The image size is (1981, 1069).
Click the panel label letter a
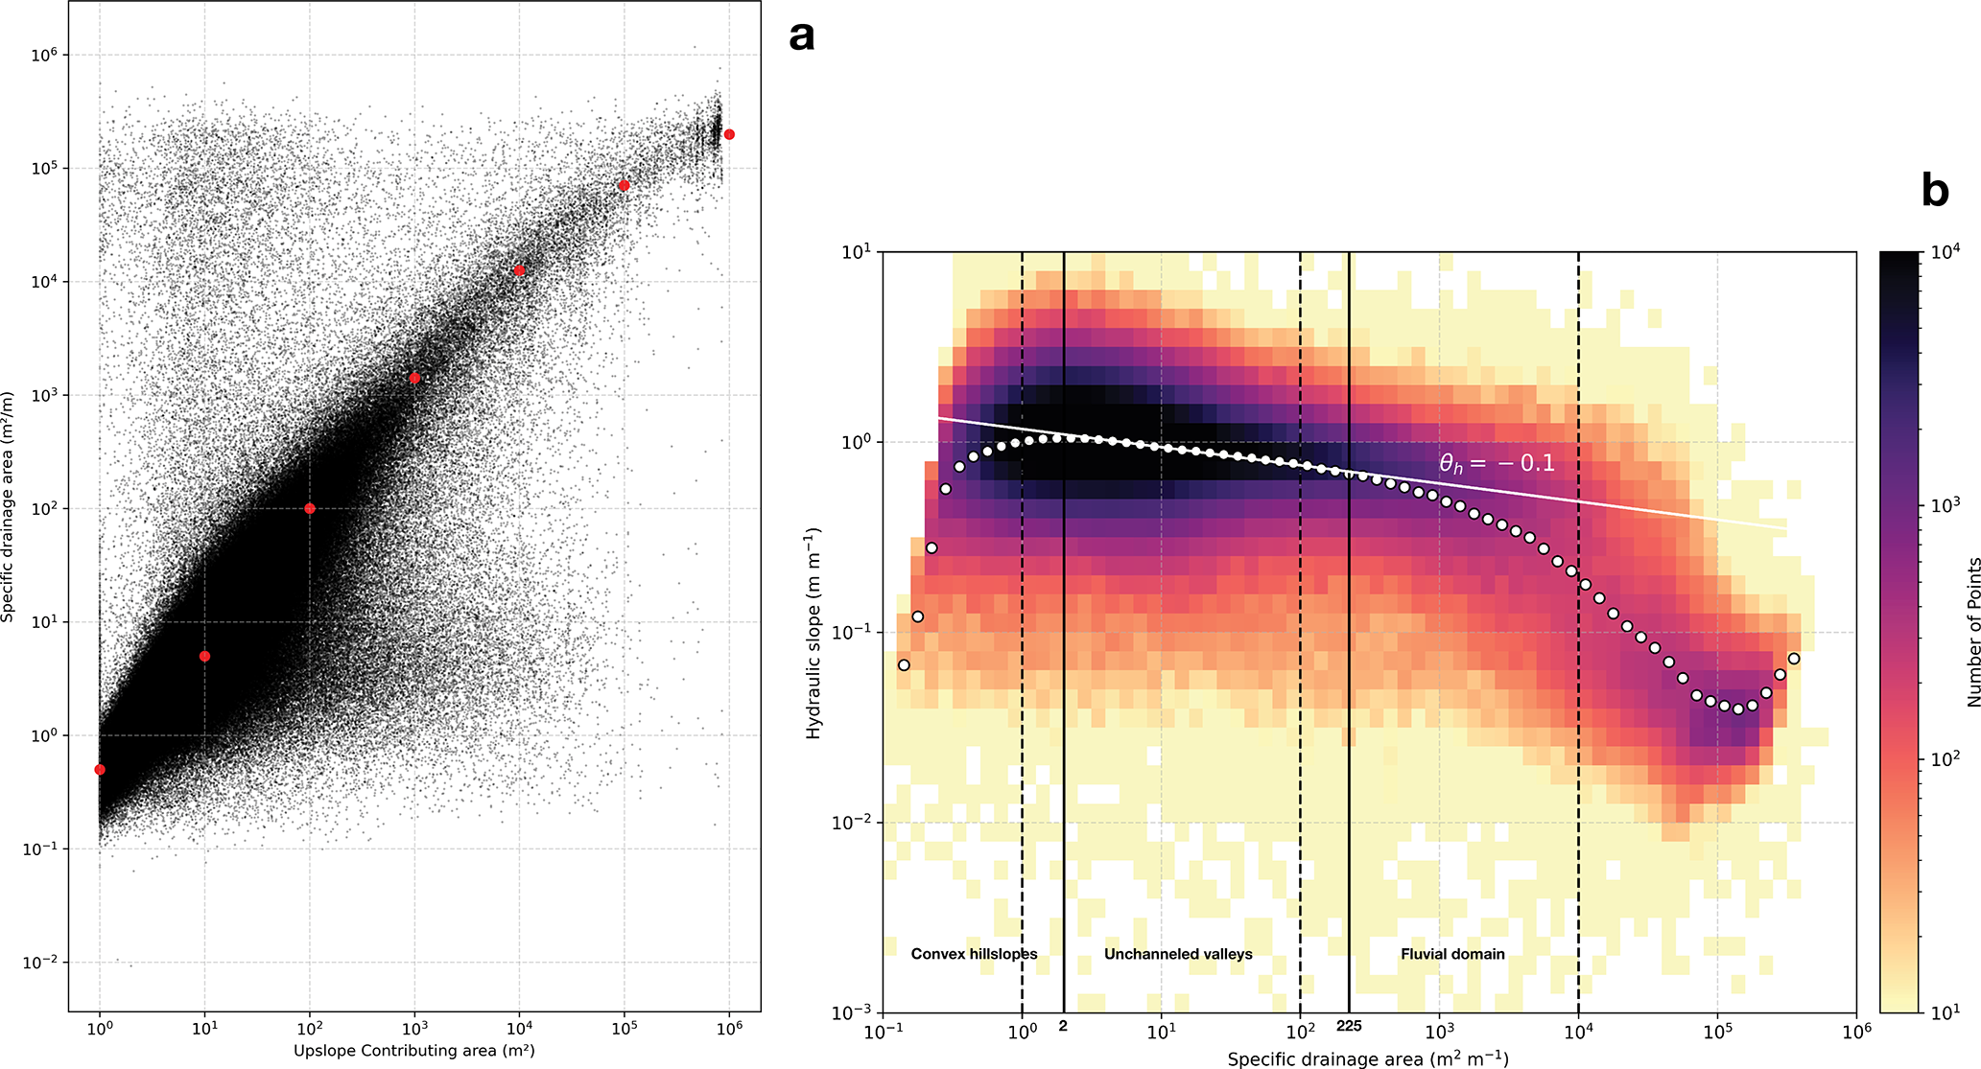(x=802, y=37)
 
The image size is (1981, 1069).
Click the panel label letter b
(x=1935, y=191)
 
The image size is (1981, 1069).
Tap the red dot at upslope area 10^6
(x=729, y=134)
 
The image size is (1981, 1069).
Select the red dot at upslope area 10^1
(x=204, y=657)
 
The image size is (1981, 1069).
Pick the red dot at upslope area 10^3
(x=414, y=378)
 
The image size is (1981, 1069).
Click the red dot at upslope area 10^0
(x=100, y=770)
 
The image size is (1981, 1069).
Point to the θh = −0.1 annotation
(x=1497, y=464)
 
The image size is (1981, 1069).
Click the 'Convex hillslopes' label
(x=974, y=954)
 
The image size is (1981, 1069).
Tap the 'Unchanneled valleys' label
(x=1178, y=954)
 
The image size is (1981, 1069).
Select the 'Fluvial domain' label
(x=1452, y=954)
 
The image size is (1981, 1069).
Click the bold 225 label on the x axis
(x=1349, y=1027)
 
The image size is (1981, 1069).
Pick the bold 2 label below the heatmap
(x=1063, y=1027)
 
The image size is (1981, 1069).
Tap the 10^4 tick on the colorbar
(x=1944, y=253)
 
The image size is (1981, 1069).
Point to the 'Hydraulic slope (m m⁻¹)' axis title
(x=814, y=633)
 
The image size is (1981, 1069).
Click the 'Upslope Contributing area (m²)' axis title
(x=413, y=1051)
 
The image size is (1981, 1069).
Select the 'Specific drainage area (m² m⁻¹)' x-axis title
(x=1368, y=1058)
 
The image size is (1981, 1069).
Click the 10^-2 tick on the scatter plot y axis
(x=42, y=962)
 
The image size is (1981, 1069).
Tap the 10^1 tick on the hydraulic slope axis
(x=856, y=252)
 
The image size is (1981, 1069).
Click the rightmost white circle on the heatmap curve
(x=1794, y=659)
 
